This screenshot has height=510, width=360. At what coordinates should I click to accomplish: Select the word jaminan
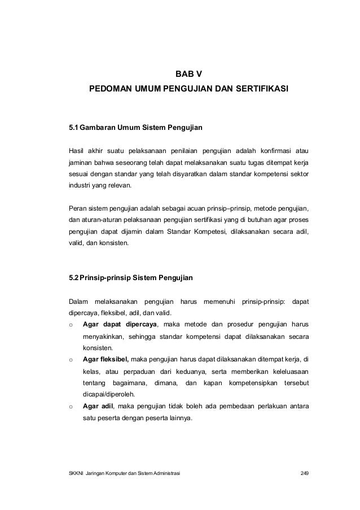[x=79, y=163]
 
